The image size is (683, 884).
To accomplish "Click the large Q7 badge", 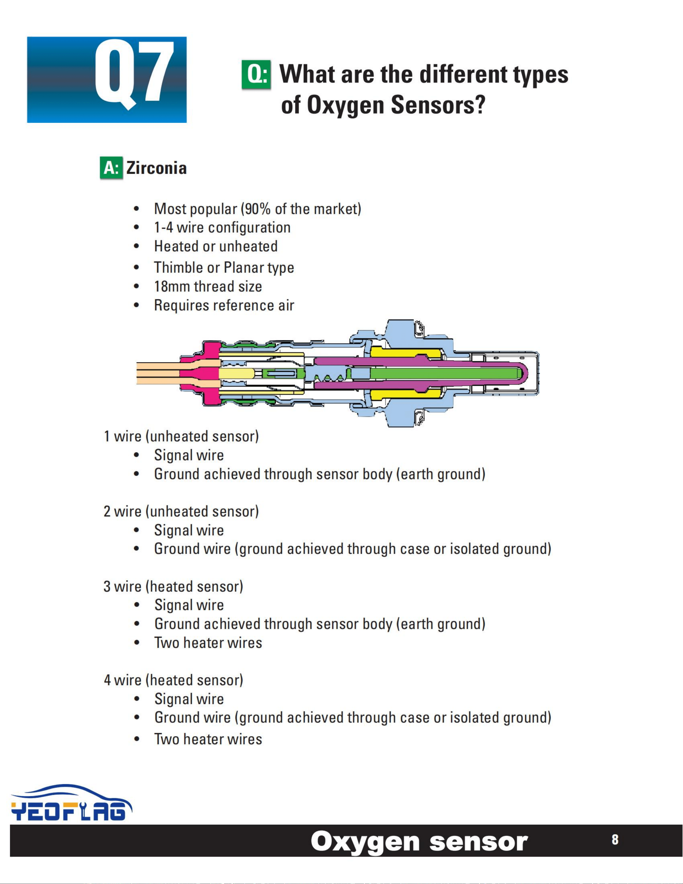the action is click(x=107, y=80).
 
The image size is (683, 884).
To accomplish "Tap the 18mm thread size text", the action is click(x=208, y=287).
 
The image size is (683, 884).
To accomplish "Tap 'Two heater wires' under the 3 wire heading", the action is click(x=208, y=643).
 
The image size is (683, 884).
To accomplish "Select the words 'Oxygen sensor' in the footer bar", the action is click(x=419, y=842).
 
